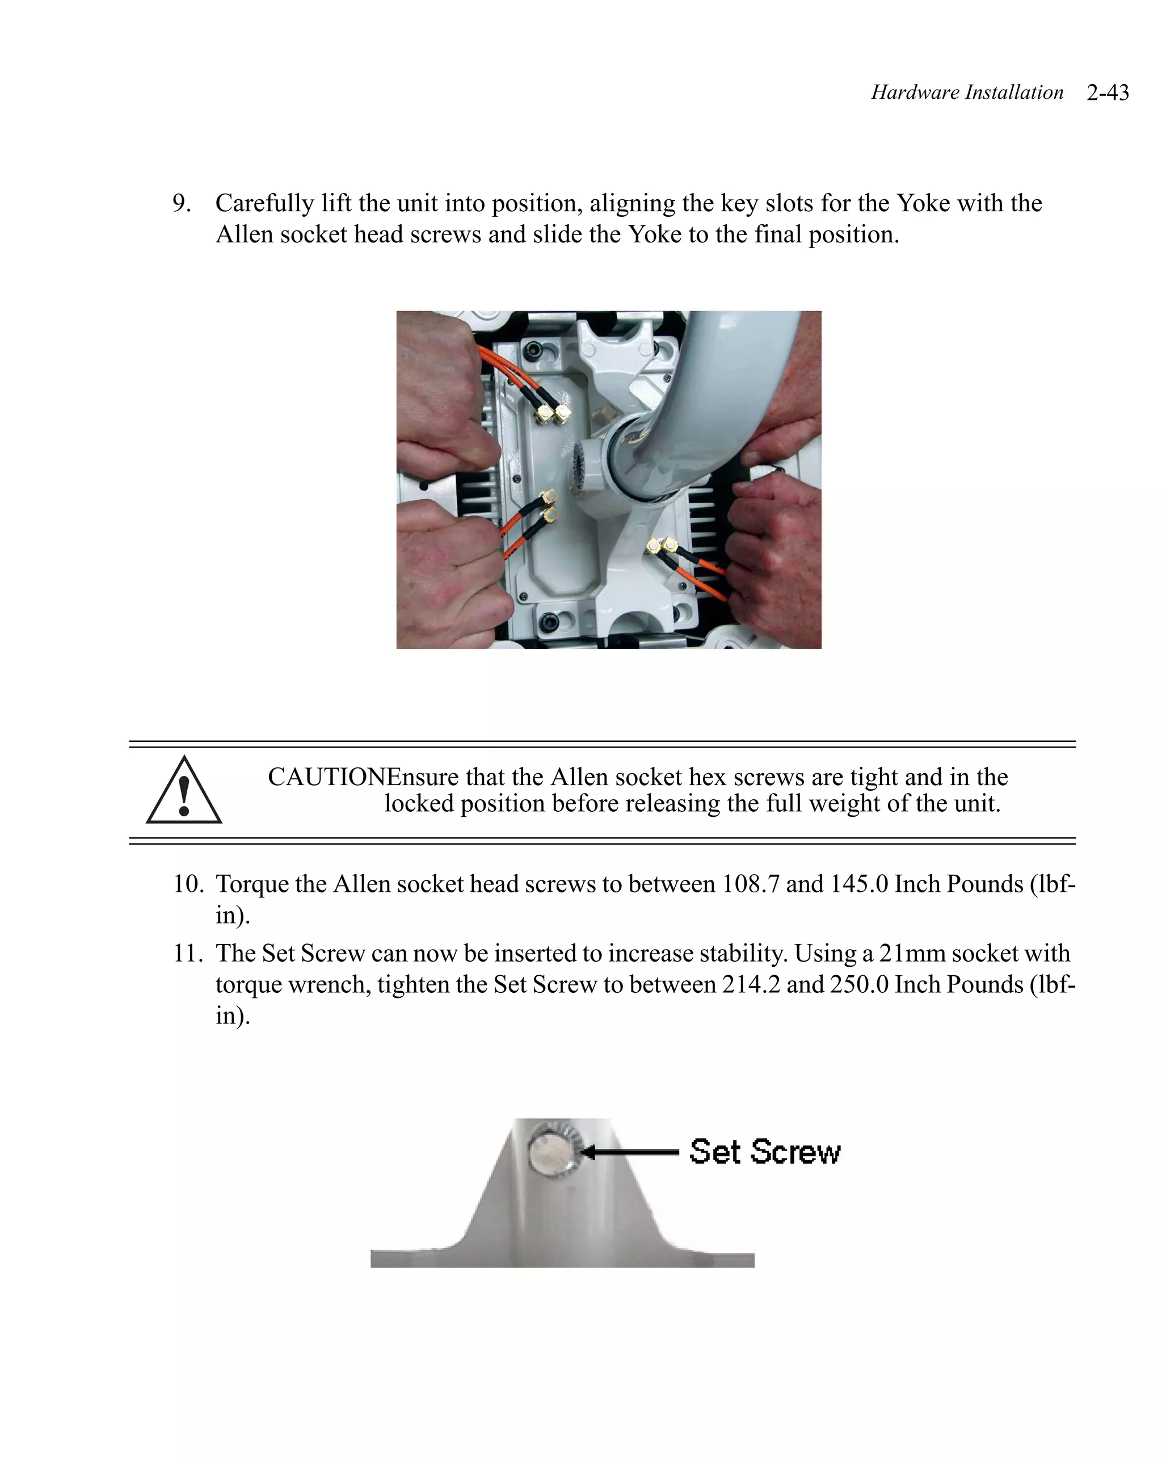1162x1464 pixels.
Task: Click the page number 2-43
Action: pyautogui.click(x=1107, y=93)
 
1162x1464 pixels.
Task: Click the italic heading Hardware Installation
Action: pyautogui.click(x=966, y=93)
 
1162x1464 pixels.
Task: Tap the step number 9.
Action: pyautogui.click(x=181, y=203)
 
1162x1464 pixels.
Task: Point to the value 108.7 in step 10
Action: pyautogui.click(x=750, y=884)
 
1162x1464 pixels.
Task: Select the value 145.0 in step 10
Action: pyautogui.click(x=858, y=884)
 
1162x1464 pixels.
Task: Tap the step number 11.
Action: pyautogui.click(x=187, y=953)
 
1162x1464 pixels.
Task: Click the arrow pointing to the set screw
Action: pyautogui.click(x=629, y=1152)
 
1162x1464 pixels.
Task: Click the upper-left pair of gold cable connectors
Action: pyautogui.click(x=553, y=413)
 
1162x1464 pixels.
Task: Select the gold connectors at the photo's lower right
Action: pyautogui.click(x=663, y=546)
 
